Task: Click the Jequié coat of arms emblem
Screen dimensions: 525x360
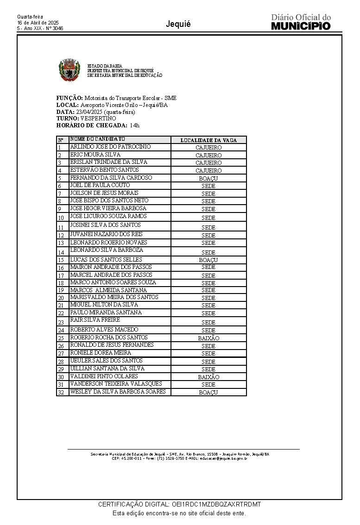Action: tap(69, 70)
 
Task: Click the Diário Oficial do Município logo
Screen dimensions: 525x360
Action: tap(301, 22)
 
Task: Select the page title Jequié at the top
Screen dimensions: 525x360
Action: tap(178, 24)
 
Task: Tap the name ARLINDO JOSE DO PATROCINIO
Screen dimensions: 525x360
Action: tap(110, 147)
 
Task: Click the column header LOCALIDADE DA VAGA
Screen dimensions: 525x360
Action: tap(208, 140)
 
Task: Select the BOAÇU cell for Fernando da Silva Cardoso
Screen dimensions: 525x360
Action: tap(208, 178)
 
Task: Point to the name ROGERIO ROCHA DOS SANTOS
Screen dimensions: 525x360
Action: tap(109, 337)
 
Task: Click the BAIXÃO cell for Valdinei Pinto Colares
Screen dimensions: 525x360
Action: tap(208, 377)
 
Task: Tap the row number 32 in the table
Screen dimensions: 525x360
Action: tap(61, 393)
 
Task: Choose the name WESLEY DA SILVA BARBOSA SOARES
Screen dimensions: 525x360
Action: tap(117, 392)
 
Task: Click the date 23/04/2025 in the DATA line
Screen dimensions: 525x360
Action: tap(89, 112)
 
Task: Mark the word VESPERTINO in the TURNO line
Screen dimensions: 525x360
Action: tap(98, 119)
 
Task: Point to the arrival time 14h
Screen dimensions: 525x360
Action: tap(134, 125)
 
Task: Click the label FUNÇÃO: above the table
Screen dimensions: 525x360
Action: tap(69, 98)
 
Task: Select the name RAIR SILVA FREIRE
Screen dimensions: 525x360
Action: tap(95, 320)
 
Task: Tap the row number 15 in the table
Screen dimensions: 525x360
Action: tap(61, 260)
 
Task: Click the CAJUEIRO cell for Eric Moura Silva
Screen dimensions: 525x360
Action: tap(208, 155)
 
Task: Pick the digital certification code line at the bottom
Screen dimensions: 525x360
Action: tap(180, 504)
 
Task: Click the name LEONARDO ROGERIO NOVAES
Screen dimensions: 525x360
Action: tap(108, 242)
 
